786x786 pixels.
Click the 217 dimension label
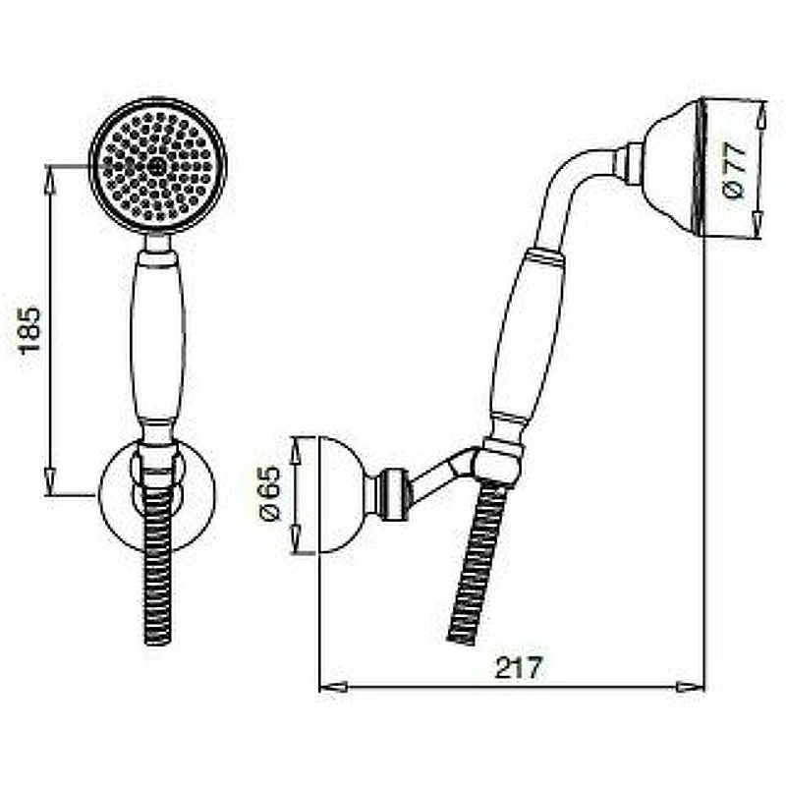coord(519,667)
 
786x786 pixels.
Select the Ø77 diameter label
coord(735,169)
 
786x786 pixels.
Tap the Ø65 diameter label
coord(270,494)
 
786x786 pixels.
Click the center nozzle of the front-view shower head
coord(157,165)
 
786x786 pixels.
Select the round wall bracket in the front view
coord(157,495)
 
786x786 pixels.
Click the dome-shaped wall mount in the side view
coord(342,495)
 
